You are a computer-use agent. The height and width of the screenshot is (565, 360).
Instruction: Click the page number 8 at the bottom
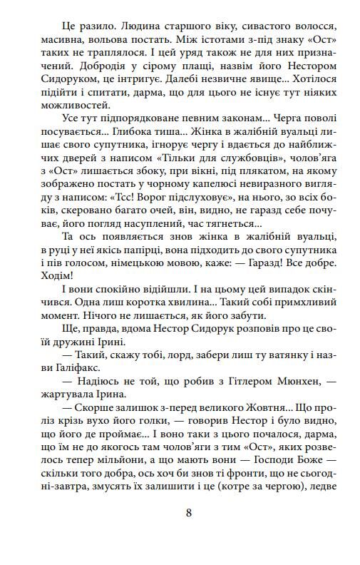(x=188, y=511)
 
